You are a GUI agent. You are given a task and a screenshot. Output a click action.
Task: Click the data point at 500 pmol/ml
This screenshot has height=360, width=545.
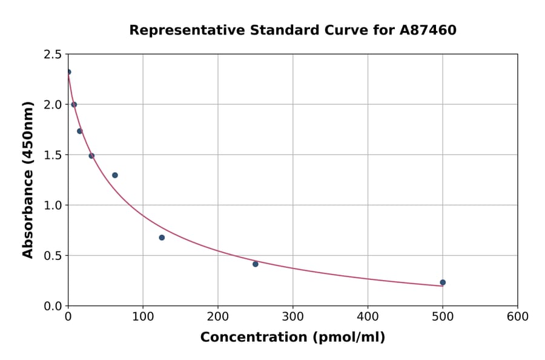(443, 282)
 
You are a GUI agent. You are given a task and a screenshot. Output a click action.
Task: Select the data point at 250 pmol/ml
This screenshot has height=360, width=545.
(256, 264)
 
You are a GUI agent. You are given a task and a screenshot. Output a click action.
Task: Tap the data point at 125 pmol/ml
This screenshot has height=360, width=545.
(162, 238)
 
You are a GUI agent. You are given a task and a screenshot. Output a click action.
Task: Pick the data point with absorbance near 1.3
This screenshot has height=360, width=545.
(115, 175)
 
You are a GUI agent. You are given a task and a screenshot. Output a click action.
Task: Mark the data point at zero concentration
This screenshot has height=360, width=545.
(68, 72)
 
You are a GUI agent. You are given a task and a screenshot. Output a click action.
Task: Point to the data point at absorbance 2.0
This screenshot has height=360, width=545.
(74, 104)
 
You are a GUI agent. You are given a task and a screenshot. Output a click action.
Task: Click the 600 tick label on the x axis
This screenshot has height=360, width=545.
(517, 317)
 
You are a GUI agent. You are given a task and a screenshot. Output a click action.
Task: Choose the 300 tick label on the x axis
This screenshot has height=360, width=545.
(292, 317)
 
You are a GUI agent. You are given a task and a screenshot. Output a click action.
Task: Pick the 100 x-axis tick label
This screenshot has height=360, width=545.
(143, 317)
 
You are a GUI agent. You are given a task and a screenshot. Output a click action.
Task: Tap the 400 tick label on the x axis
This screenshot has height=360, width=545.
(368, 317)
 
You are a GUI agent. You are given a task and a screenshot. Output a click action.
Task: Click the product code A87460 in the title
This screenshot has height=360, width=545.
(428, 30)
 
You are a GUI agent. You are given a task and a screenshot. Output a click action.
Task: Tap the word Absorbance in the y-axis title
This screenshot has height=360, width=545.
(28, 216)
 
